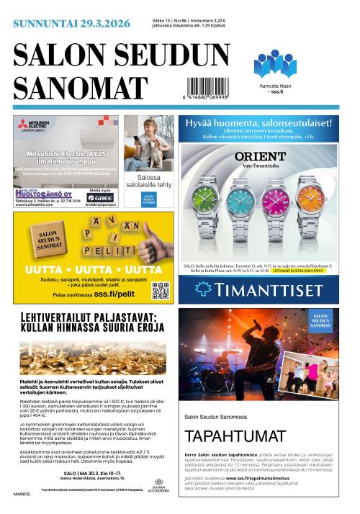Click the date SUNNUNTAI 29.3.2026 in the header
(x=72, y=23)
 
